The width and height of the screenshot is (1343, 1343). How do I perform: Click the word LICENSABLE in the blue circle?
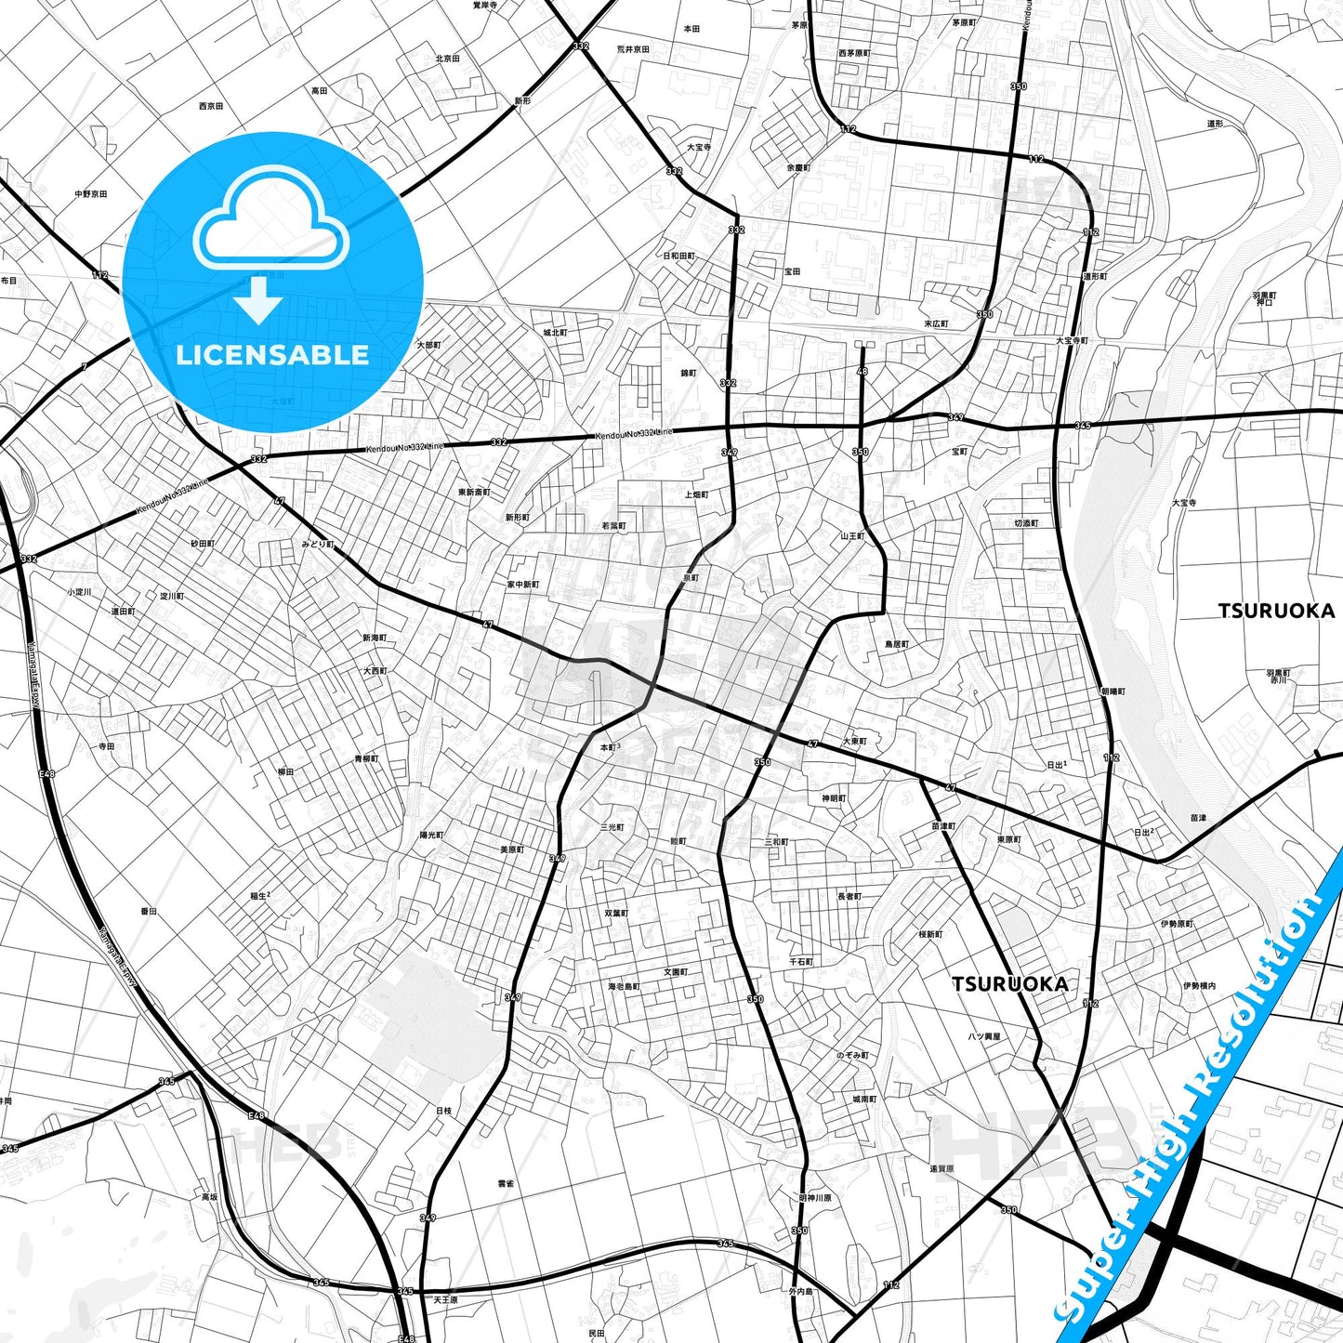click(x=272, y=355)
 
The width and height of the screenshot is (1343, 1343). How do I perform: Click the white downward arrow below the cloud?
click(x=258, y=300)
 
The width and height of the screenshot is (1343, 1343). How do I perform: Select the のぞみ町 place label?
click(x=852, y=1056)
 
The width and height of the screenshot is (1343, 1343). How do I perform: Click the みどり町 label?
click(x=317, y=544)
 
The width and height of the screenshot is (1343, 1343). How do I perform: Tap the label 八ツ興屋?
click(x=984, y=1035)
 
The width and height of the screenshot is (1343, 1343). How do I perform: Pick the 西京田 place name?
click(x=211, y=106)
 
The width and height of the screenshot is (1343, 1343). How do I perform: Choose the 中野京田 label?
click(x=91, y=193)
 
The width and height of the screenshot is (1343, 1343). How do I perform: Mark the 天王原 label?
click(x=445, y=1299)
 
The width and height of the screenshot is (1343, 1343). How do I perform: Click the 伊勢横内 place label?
click(x=1200, y=985)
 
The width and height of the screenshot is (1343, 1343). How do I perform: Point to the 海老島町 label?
click(x=624, y=986)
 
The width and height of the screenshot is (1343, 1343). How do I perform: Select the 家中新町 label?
click(x=522, y=585)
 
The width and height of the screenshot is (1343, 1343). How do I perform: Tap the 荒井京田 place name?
click(x=633, y=49)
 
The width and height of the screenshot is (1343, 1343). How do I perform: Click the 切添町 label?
click(x=1027, y=523)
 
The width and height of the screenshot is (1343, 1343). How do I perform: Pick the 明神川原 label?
click(x=815, y=1198)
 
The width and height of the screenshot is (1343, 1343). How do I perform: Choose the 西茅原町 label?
click(x=854, y=53)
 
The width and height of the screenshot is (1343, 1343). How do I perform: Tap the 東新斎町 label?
click(x=474, y=492)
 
